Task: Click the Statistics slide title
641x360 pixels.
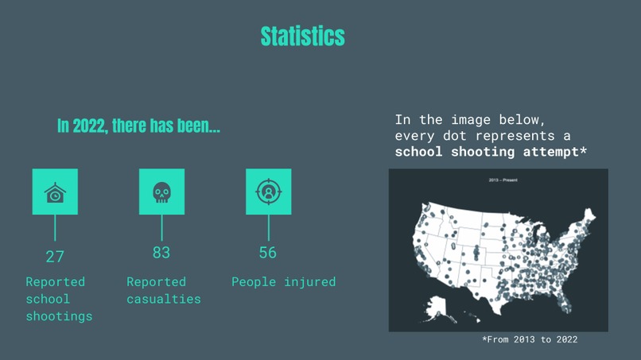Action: click(302, 36)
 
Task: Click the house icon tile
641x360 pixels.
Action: click(55, 192)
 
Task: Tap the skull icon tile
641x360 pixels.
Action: click(161, 192)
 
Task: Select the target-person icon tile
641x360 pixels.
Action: click(269, 192)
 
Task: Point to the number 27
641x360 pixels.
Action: click(55, 256)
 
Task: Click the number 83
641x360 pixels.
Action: click(161, 253)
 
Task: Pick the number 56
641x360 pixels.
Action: click(268, 253)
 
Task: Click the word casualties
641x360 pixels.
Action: click(164, 299)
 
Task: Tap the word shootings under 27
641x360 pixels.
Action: click(59, 316)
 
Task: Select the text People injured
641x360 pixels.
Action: click(283, 282)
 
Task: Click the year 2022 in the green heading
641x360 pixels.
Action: click(89, 126)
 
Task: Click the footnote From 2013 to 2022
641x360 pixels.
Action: click(530, 339)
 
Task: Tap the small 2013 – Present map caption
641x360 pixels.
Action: click(503, 180)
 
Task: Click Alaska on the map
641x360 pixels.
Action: click(440, 306)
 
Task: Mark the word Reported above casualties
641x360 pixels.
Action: click(156, 282)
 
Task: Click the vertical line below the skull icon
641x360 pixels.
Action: click(161, 227)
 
